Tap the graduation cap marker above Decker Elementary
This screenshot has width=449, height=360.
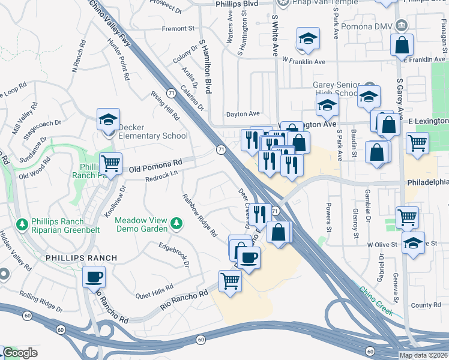click(109, 119)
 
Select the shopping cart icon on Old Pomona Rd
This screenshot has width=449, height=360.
click(110, 163)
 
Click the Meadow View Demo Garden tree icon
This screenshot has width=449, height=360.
click(176, 224)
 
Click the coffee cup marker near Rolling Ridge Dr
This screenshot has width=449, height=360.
click(94, 277)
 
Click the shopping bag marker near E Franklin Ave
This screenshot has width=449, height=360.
click(402, 44)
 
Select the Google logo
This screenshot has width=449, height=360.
click(20, 353)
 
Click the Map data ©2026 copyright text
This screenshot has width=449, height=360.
click(423, 355)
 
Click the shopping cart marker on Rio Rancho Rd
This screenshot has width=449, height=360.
click(230, 280)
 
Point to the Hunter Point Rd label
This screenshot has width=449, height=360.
click(118, 59)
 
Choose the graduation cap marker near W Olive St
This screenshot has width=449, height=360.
click(413, 243)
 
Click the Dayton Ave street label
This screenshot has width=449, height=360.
click(243, 113)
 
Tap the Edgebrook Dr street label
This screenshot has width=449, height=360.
click(174, 254)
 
